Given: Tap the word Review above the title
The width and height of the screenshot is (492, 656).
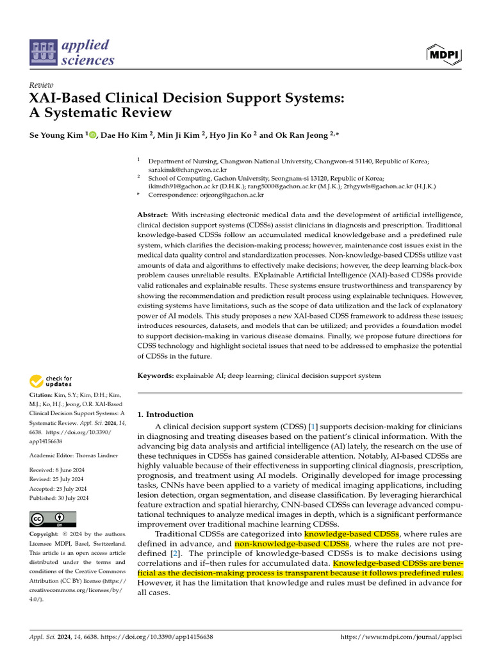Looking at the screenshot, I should click(42, 85).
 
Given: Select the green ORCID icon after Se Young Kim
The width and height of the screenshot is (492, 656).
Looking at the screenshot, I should click(92, 135).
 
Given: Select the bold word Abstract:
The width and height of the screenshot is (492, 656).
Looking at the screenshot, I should click(153, 215).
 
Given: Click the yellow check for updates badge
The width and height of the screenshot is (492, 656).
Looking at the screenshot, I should click(52, 382).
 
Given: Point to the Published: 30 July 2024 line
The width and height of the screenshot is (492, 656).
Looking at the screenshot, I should click(59, 498).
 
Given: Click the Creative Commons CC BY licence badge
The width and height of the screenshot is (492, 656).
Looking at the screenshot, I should click(53, 518).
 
